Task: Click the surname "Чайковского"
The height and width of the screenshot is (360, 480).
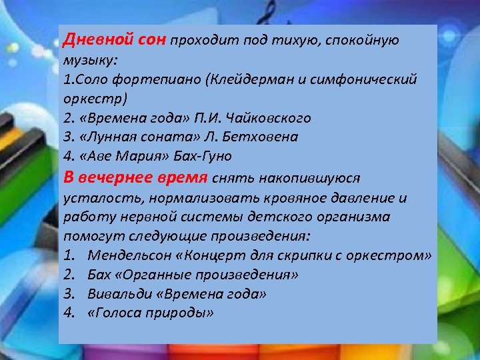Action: [x=270, y=118]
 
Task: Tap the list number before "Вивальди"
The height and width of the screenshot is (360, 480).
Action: [x=69, y=293]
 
